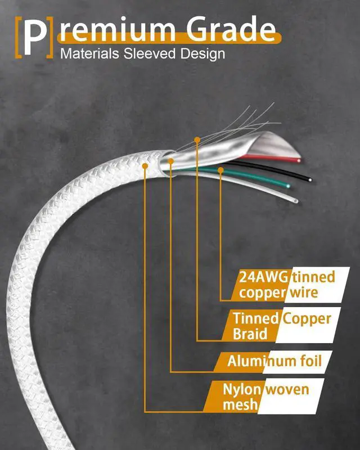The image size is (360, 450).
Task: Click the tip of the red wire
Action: coord(299,160)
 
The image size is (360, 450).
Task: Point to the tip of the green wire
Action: coord(289,185)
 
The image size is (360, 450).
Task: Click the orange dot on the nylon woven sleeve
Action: coord(146,166)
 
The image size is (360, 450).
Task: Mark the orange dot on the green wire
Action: coord(221,169)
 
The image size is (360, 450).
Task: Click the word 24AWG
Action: coord(263,277)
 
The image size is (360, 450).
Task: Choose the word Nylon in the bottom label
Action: coord(241,389)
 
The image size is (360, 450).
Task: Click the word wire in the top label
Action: coord(304,292)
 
